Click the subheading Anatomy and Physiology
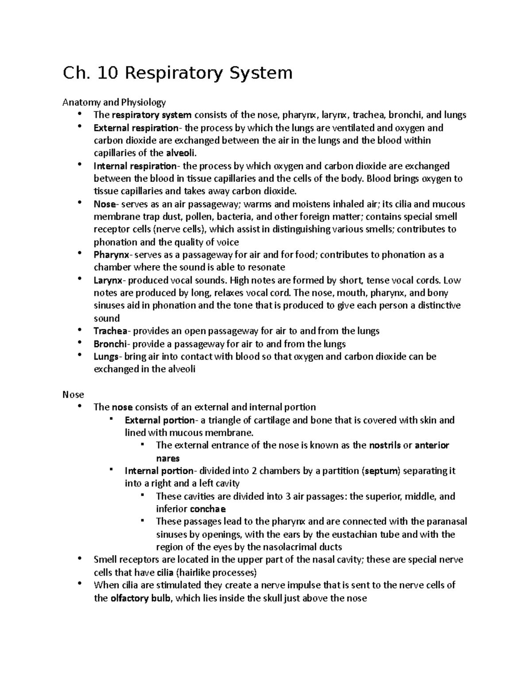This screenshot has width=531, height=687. click(x=114, y=102)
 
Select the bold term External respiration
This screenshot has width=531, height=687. click(x=135, y=128)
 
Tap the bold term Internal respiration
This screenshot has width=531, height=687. click(x=135, y=166)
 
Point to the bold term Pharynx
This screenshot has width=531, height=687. click(x=112, y=255)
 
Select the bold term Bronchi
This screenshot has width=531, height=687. click(x=110, y=344)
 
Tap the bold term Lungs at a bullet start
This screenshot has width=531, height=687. click(x=106, y=357)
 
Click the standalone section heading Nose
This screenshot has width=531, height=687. click(x=73, y=394)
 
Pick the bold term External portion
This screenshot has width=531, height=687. click(x=159, y=420)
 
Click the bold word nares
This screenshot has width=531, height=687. click(x=168, y=458)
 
